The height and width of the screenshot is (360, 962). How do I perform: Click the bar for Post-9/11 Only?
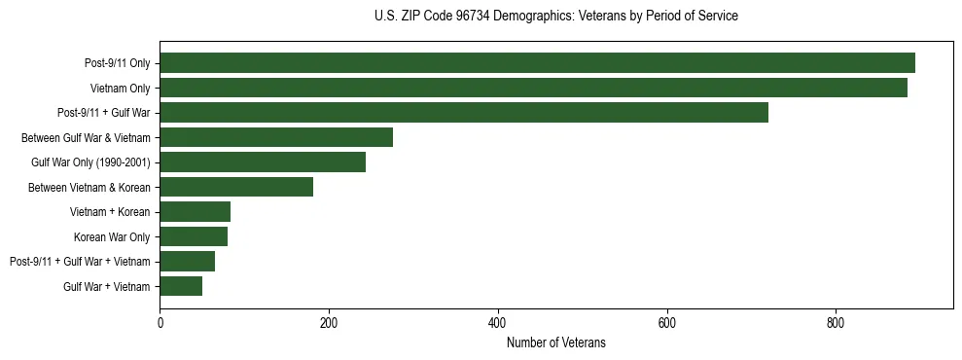[x=537, y=63]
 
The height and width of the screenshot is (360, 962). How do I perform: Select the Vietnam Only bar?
[x=533, y=89]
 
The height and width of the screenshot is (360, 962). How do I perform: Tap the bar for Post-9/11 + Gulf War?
[x=464, y=113]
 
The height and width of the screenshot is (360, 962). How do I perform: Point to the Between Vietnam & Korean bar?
[x=236, y=187]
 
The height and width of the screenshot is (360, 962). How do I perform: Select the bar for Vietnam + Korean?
[x=195, y=212]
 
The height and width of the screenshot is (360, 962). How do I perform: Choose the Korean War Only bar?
[x=194, y=236]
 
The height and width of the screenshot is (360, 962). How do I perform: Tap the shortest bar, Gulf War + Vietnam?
[x=181, y=286]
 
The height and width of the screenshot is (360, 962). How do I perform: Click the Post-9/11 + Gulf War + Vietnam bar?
[x=187, y=262]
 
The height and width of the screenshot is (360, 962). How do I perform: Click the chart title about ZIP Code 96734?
[x=555, y=17]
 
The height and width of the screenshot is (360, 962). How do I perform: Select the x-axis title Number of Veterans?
[x=555, y=342]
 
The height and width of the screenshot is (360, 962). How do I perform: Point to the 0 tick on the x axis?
[x=160, y=322]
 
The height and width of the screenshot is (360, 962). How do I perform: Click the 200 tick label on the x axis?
[x=329, y=322]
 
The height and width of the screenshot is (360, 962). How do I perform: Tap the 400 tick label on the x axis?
[x=498, y=322]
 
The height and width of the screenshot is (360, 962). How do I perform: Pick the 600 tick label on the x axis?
[x=666, y=322]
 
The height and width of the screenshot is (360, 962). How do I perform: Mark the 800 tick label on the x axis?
[x=836, y=322]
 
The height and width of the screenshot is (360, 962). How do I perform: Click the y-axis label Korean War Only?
[x=112, y=236]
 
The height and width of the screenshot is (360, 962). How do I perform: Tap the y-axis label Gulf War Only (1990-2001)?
[x=90, y=162]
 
